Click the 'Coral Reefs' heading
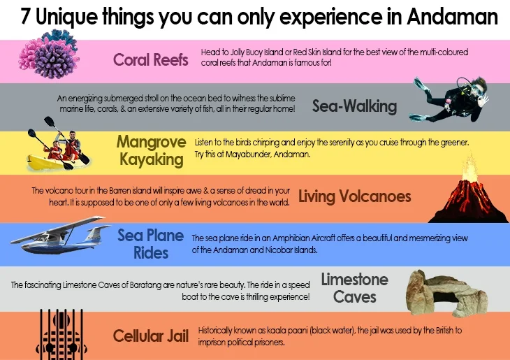point(151,59)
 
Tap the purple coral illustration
point(50,55)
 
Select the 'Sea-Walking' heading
point(354,106)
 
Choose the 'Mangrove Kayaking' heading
point(151,151)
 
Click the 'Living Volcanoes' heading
point(354,196)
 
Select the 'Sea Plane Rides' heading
point(150,243)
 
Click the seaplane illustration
point(59,238)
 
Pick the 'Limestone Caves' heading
point(354,288)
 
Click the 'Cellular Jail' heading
point(151,336)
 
